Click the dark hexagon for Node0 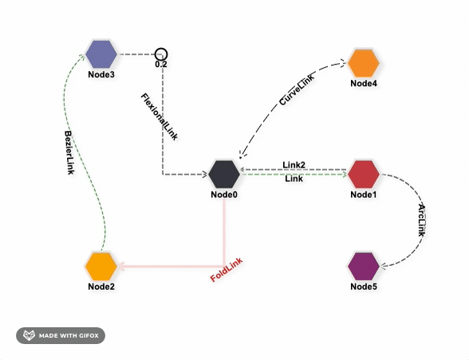[224, 174]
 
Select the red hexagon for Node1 [364, 174]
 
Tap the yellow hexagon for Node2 [101, 266]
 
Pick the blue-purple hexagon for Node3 [101, 54]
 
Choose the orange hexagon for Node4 [364, 63]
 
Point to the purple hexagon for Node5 [364, 266]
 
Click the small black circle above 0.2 [161, 54]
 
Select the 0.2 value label [161, 65]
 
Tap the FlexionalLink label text [160, 117]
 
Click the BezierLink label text [69, 152]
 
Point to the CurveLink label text [297, 89]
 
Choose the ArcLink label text [422, 221]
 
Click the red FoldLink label [227, 270]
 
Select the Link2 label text [294, 164]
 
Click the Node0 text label [224, 195]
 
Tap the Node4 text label [364, 83]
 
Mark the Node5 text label [364, 287]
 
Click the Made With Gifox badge [61, 335]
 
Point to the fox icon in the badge [29, 335]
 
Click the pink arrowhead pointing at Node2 [121, 266]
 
